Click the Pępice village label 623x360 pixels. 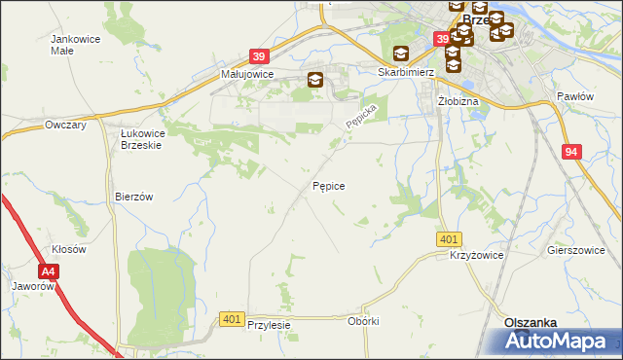(329, 185)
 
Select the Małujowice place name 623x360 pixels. (246, 74)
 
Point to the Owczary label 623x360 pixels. (66, 126)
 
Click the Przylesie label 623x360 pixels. (270, 325)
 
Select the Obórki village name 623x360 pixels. (362, 321)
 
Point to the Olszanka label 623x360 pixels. (530, 322)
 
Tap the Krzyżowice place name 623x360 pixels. (475, 254)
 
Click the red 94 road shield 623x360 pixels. (571, 152)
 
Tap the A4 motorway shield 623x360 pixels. (50, 272)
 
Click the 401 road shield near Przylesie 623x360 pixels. (232, 318)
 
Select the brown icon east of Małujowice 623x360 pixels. (315, 81)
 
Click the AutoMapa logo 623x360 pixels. (559, 342)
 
